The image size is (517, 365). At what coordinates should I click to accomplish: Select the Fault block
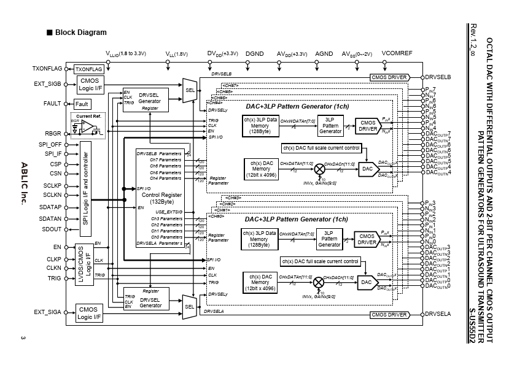(x=82, y=104)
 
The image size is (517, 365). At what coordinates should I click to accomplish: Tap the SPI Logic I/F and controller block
(x=85, y=187)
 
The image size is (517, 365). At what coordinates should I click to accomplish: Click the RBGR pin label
(x=53, y=132)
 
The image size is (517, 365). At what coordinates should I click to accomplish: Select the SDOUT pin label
(x=52, y=229)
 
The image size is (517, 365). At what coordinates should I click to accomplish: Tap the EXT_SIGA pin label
(x=48, y=312)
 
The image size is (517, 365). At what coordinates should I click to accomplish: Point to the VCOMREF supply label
(x=397, y=54)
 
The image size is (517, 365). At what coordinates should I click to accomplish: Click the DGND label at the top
(x=254, y=54)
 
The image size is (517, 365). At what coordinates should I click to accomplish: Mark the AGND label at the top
(x=324, y=54)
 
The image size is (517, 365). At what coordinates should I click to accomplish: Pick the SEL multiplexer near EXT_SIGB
(x=189, y=89)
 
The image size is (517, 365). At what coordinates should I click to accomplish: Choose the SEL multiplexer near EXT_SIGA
(x=189, y=305)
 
